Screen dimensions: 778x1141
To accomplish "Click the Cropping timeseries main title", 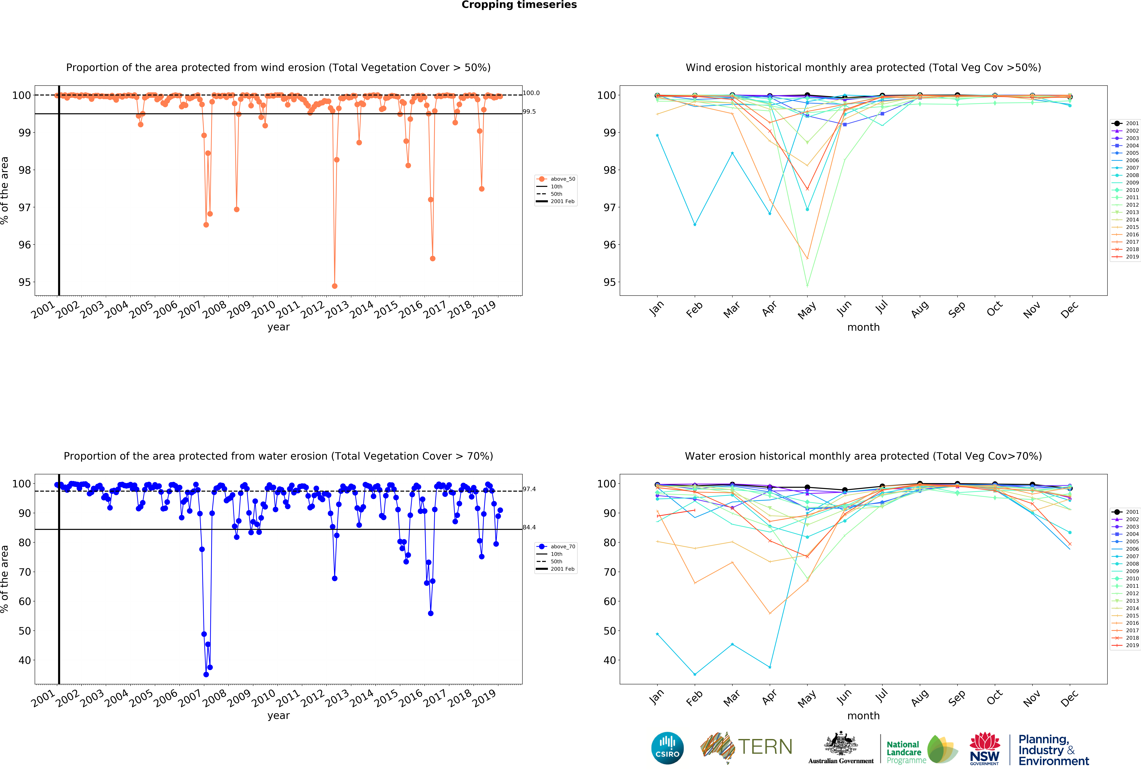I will (519, 5).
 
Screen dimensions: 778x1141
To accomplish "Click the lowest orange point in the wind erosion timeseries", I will (334, 286).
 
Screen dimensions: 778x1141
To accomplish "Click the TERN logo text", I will (765, 747).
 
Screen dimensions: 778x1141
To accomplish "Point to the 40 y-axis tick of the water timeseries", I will (25, 660).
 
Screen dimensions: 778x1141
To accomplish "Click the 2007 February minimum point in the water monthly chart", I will (695, 674).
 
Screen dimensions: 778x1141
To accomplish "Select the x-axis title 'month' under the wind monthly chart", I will (863, 327).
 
